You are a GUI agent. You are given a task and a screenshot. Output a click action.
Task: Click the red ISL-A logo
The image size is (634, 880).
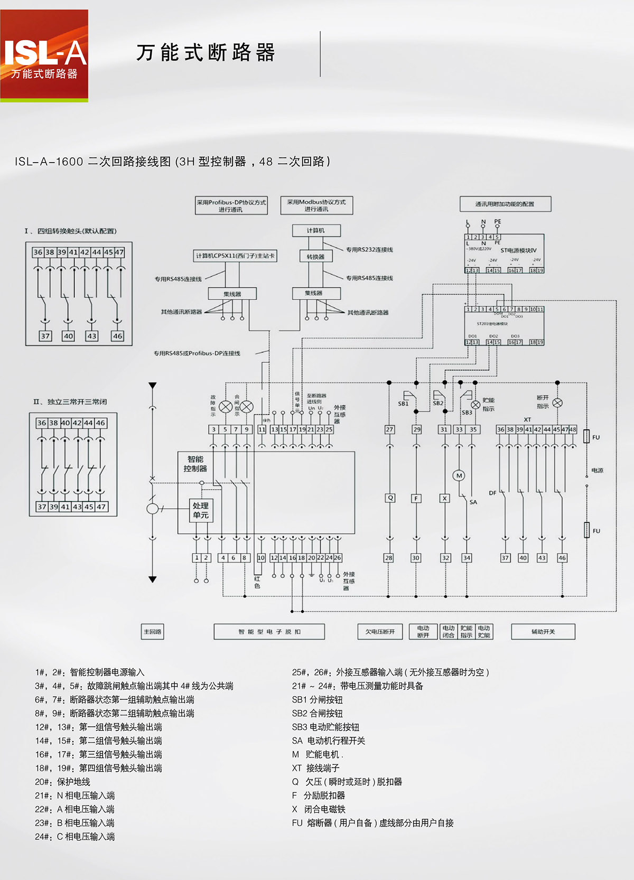44,55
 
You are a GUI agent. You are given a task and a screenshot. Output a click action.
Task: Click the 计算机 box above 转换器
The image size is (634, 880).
316,231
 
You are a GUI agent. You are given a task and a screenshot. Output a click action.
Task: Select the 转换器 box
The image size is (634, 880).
316,257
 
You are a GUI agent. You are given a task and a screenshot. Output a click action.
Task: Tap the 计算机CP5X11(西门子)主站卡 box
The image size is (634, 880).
235,256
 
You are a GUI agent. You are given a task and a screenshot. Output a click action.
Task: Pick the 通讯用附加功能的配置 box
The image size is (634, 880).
505,204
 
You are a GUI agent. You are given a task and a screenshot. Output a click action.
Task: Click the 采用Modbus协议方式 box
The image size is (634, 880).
316,205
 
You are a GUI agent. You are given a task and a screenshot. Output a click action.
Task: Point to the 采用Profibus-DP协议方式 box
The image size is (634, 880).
231,206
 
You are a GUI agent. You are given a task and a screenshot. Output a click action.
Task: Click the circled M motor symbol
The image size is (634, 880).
459,475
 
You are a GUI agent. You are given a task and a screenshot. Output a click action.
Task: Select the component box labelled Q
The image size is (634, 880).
390,498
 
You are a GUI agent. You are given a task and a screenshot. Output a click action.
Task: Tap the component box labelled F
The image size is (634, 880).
416,498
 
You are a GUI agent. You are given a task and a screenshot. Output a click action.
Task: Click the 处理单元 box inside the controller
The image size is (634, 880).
201,510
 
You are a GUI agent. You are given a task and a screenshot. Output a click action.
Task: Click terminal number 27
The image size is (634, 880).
389,429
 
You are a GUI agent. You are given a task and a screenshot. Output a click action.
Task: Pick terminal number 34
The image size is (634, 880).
467,558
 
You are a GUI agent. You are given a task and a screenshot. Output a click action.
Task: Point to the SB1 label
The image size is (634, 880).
403,404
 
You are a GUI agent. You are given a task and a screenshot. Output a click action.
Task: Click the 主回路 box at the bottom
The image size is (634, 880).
153,632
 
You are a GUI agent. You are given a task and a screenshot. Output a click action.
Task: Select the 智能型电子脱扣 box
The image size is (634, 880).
269,632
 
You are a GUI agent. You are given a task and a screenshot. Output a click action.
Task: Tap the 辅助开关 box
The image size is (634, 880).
543,632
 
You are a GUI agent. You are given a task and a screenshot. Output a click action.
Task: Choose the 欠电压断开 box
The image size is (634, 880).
380,632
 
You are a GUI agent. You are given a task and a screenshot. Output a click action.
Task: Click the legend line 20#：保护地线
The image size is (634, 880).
63,782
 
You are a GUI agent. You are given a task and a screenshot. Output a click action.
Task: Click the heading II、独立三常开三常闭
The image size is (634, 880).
70,402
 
